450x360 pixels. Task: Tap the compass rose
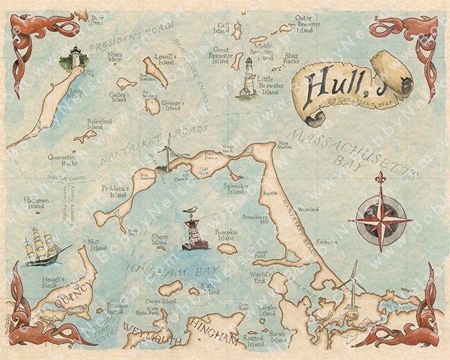pos(381,220)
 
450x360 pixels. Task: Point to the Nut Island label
pos(96,243)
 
